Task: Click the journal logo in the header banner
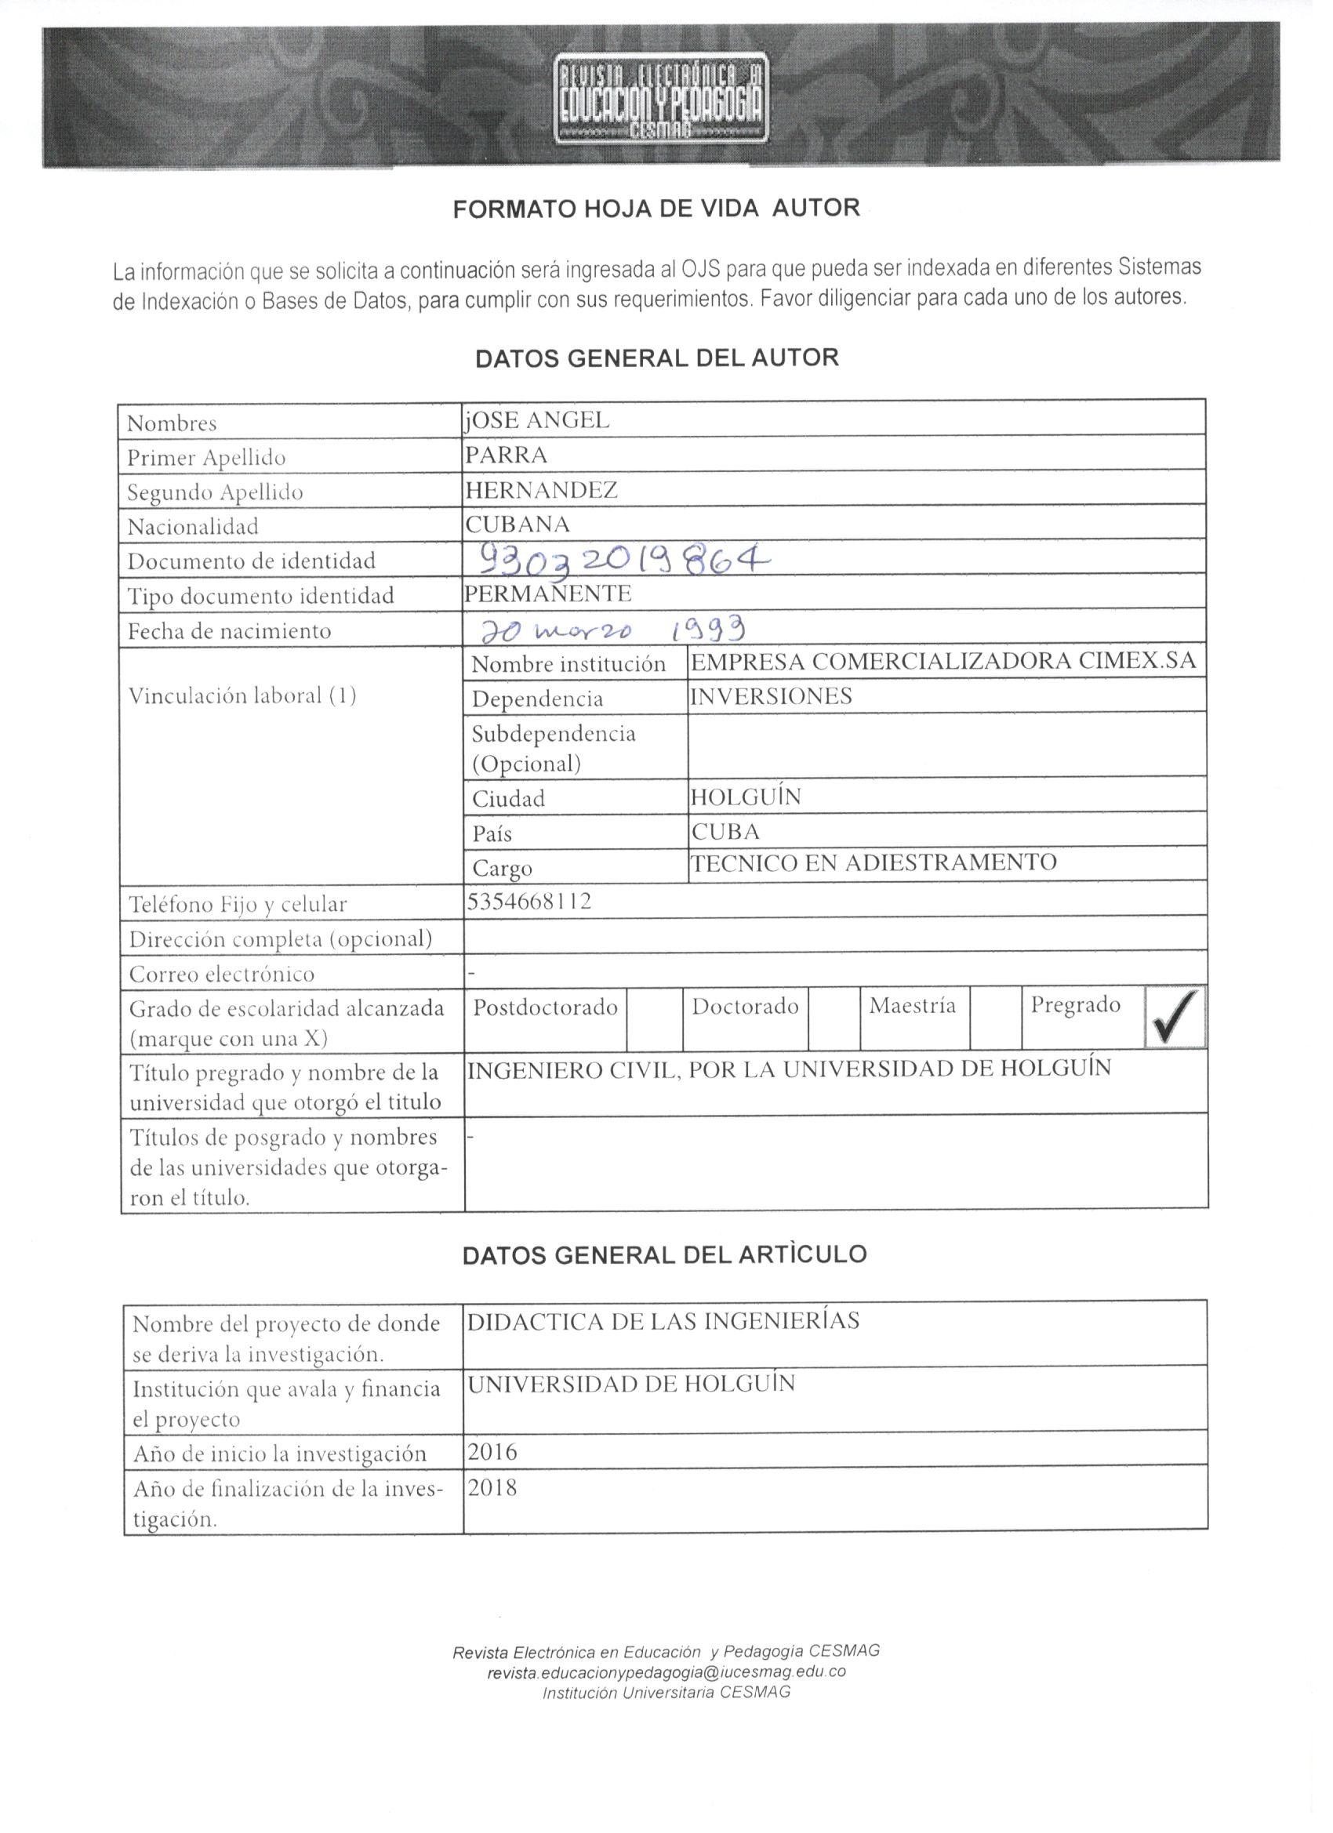pyautogui.click(x=662, y=99)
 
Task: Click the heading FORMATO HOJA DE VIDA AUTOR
pyautogui.click(x=656, y=209)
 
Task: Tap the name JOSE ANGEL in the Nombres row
pyautogui.click(x=537, y=420)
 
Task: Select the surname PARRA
pyautogui.click(x=506, y=455)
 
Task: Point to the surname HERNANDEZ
pyautogui.click(x=541, y=490)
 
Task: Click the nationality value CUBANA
pyautogui.click(x=518, y=524)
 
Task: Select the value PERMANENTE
pyautogui.click(x=547, y=594)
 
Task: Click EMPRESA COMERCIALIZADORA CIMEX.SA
pyautogui.click(x=943, y=662)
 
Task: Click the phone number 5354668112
pyautogui.click(x=528, y=901)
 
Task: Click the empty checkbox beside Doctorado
pyautogui.click(x=833, y=1018)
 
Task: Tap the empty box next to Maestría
pyautogui.click(x=995, y=1018)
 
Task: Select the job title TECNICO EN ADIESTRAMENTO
pyautogui.click(x=873, y=862)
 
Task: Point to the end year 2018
pyautogui.click(x=492, y=1487)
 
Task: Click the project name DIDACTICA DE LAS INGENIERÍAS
pyautogui.click(x=663, y=1321)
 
